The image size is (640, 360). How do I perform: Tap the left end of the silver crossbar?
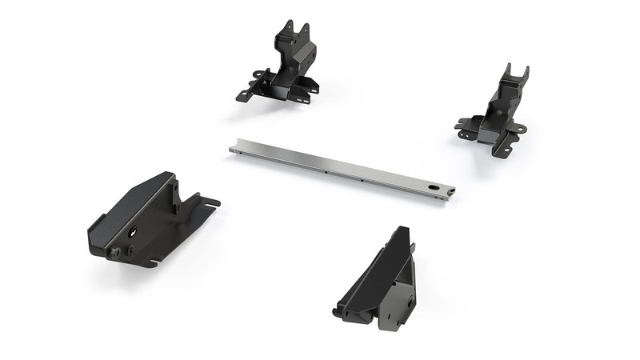point(234,149)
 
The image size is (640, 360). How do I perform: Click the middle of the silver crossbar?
point(342,170)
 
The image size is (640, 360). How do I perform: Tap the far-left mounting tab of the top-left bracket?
point(242,95)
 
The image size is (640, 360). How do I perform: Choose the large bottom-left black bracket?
point(148,220)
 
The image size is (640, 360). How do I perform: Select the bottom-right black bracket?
point(380,280)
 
